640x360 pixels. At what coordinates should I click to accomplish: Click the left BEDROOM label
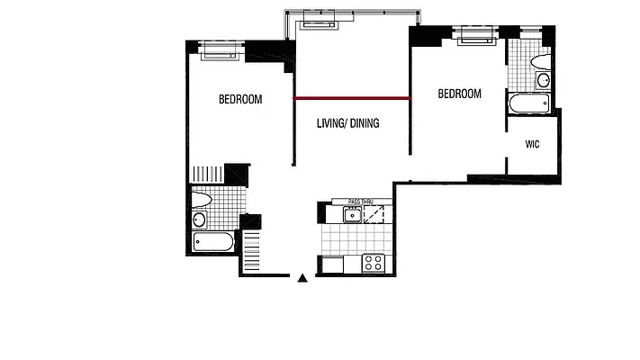click(x=240, y=99)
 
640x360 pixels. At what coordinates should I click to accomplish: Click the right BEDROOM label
click(x=459, y=94)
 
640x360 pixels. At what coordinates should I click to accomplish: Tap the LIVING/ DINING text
click(x=347, y=123)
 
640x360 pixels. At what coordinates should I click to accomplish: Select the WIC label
click(x=532, y=146)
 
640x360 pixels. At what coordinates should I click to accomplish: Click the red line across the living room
click(x=352, y=97)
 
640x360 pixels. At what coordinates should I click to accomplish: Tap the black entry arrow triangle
click(x=303, y=278)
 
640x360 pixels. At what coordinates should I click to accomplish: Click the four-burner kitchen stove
click(x=373, y=263)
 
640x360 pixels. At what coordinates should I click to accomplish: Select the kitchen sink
click(x=351, y=213)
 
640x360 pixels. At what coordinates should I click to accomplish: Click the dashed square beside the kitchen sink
click(x=381, y=213)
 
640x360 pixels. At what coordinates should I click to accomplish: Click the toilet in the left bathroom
click(x=202, y=200)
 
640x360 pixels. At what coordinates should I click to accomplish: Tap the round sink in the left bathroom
click(x=200, y=219)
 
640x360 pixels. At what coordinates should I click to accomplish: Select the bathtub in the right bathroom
click(x=528, y=103)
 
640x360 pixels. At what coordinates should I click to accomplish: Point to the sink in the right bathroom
click(x=543, y=81)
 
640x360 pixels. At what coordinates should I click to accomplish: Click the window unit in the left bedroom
click(x=219, y=49)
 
